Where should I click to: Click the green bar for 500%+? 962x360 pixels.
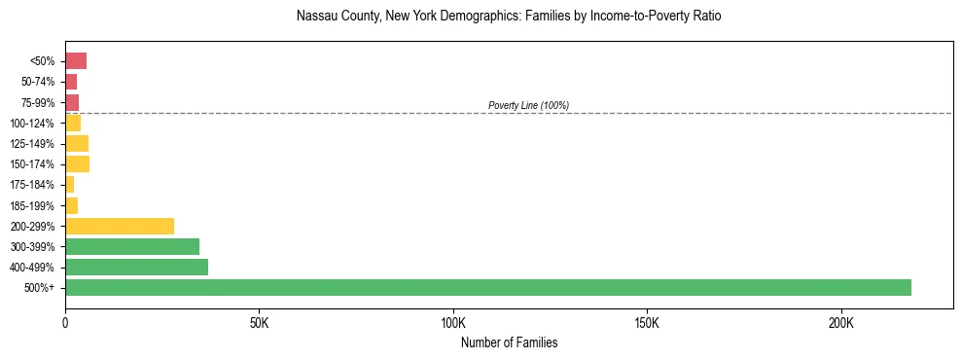point(487,288)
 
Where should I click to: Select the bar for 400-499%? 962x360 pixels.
point(136,268)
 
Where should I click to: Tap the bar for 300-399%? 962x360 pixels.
point(132,247)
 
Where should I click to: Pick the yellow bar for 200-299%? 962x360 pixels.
point(120,226)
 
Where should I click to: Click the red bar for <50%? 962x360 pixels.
point(76,61)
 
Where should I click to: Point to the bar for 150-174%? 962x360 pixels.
point(77,164)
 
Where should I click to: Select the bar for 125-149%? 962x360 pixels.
point(77,144)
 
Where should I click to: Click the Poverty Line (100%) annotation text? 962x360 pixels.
point(528,105)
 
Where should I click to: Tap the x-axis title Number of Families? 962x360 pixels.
point(509,342)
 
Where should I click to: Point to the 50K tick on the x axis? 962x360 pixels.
point(259,323)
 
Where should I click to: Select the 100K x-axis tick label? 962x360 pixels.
point(453,323)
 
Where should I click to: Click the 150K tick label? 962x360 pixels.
point(647,323)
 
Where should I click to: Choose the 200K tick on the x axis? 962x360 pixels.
point(841,323)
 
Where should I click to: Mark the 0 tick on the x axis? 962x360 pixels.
point(65,323)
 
